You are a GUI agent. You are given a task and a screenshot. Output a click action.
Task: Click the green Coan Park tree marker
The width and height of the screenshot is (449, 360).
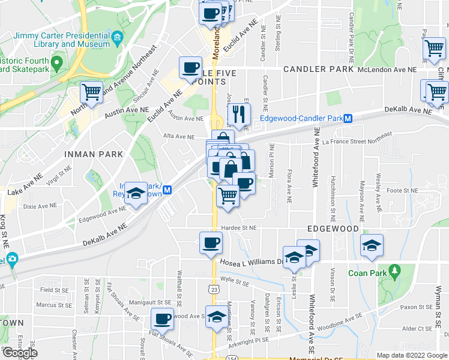click(394, 271)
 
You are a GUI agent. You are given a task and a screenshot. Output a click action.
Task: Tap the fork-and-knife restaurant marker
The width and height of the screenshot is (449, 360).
click(240, 112)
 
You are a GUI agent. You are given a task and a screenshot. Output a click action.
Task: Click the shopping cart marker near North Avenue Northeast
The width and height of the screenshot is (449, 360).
click(91, 92)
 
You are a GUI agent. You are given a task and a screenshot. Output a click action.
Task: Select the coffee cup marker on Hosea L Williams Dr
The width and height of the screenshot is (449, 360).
click(211, 243)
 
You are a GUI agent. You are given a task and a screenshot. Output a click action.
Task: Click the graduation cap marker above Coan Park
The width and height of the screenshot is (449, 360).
click(372, 245)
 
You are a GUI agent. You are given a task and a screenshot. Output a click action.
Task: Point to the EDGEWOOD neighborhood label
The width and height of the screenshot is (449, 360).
click(333, 229)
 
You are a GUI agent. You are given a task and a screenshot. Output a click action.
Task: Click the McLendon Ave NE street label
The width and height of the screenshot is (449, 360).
click(387, 70)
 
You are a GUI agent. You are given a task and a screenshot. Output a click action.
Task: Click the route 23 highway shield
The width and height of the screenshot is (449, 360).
click(214, 289)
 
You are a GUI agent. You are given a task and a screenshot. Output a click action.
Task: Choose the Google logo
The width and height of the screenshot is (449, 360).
click(20, 353)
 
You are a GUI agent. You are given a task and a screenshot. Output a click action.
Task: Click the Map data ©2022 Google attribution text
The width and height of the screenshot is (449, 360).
click(411, 355)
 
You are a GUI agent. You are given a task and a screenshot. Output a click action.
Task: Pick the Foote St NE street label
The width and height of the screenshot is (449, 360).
click(402, 190)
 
